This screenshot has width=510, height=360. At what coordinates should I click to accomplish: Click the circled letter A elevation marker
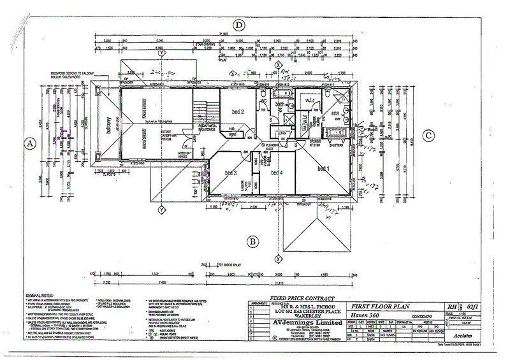(29, 144)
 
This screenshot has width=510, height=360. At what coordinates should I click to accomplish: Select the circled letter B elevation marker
(252, 241)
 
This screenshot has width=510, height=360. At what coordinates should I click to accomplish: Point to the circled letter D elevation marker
(239, 25)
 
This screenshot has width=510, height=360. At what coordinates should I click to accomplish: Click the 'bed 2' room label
(238, 112)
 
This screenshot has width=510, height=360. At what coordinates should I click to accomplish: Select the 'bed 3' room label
(231, 173)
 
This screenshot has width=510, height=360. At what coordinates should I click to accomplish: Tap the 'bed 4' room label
(276, 173)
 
